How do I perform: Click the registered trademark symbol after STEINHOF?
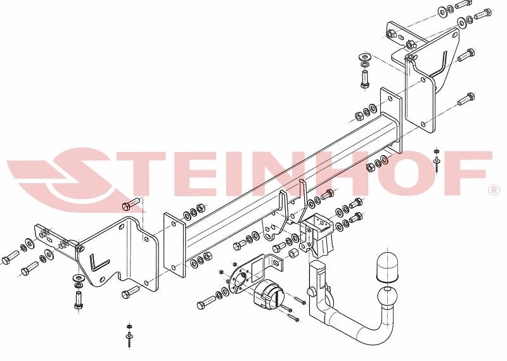492,190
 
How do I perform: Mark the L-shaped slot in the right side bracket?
442,63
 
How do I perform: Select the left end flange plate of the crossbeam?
174,244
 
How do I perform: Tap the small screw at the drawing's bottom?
129,336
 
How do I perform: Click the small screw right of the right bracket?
437,158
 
